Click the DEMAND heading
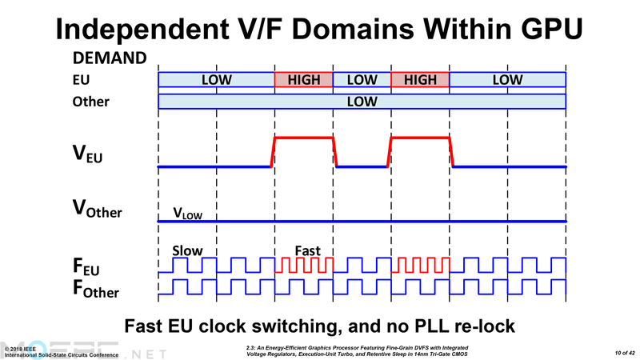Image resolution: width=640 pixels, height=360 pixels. coord(110,58)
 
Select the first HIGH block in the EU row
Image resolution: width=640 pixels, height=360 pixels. coord(304,79)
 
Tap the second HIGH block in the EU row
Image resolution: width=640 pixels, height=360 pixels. coord(421,79)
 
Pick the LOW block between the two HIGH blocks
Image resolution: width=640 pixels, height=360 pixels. coord(362,79)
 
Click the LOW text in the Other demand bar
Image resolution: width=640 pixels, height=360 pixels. coord(362,102)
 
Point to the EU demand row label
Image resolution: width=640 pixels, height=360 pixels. coord(81,79)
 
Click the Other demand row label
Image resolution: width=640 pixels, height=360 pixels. coord(90,102)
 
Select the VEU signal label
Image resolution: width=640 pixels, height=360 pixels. coord(87,154)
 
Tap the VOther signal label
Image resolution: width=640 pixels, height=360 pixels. coord(97,209)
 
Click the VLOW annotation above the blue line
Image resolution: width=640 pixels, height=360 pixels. coord(187,214)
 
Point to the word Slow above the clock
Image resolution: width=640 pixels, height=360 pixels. coord(187,250)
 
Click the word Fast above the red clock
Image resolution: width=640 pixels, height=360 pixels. coord(308,250)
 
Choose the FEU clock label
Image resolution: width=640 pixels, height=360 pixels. coord(86,266)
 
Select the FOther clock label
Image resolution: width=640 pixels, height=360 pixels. coord(96,288)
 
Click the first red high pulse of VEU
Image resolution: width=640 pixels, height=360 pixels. coord(304,138)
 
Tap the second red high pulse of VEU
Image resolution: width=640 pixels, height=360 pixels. coord(421,138)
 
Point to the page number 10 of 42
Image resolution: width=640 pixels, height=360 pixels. coord(625,353)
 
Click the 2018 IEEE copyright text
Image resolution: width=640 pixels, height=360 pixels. coord(21,349)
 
